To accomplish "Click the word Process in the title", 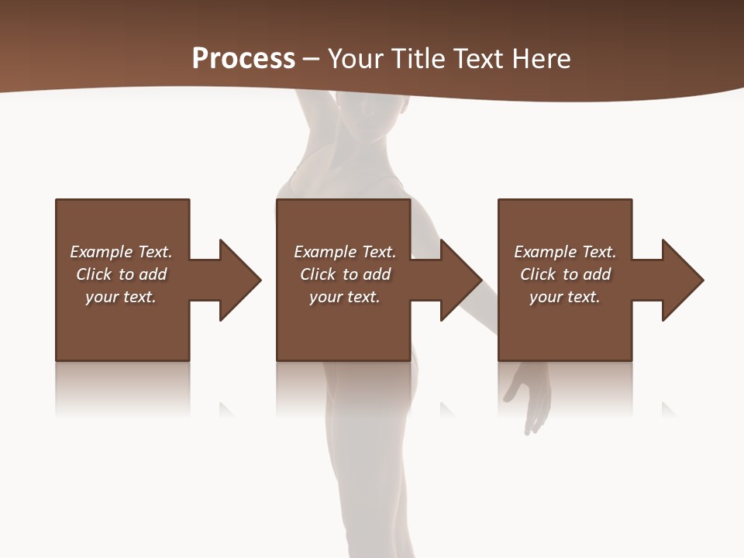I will click(x=243, y=59).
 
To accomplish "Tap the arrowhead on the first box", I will click(x=239, y=280).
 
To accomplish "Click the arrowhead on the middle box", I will click(x=460, y=280).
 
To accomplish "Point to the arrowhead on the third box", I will click(x=681, y=280).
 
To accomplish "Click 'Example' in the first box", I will click(x=102, y=252).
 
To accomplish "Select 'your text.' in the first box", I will click(x=121, y=297).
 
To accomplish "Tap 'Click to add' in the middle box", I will click(x=345, y=274).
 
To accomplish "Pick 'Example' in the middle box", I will click(x=325, y=252).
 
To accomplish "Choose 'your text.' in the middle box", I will click(x=345, y=297).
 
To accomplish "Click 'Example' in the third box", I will click(x=546, y=252).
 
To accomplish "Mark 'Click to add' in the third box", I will click(x=565, y=274).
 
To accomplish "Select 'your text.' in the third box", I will click(x=565, y=297).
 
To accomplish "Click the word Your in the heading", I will click(x=354, y=59).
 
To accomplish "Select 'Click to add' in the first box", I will click(x=121, y=274).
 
